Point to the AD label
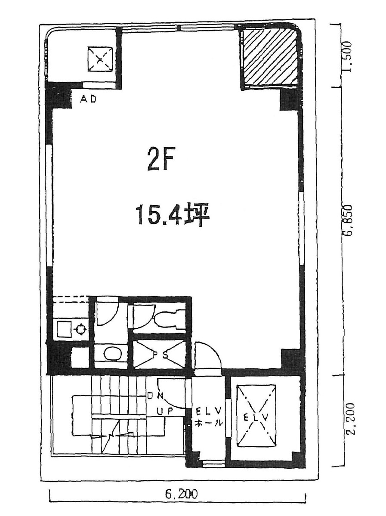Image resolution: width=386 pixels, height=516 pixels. point(89,99)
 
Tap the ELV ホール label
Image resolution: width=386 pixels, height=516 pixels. point(209,416)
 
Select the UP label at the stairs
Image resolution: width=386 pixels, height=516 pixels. point(165,411)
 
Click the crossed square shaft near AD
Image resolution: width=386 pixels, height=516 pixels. point(100,59)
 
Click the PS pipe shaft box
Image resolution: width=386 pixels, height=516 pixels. point(159,354)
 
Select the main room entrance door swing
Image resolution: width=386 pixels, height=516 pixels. point(207,356)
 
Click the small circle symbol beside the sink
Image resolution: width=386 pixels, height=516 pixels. point(80,330)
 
